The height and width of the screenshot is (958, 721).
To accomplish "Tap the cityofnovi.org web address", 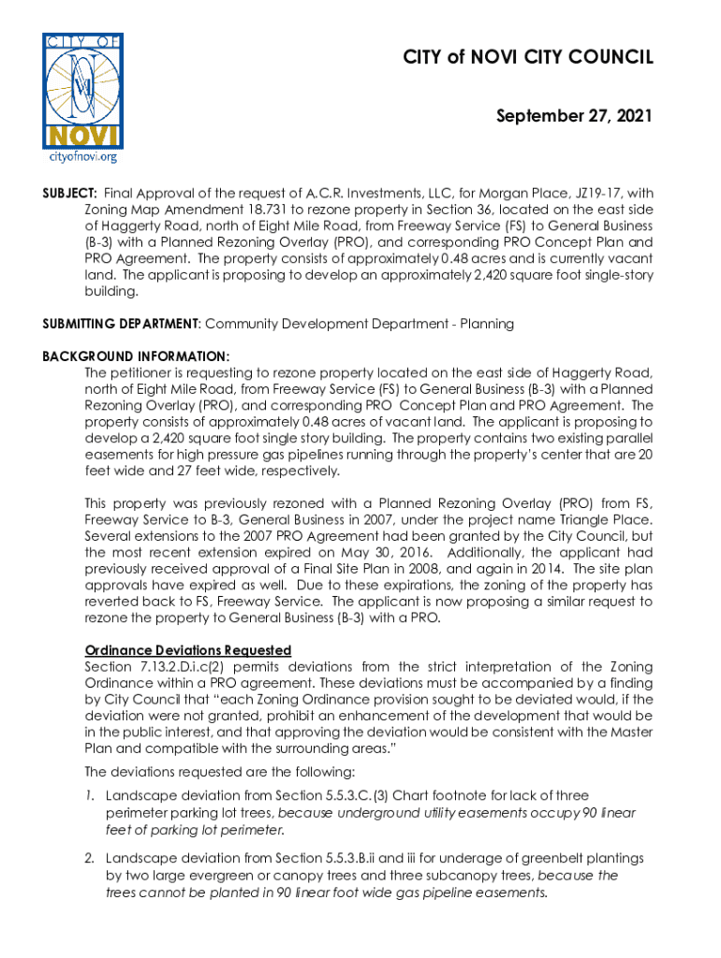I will pos(83,157).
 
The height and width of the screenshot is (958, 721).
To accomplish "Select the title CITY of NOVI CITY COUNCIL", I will pos(527,59).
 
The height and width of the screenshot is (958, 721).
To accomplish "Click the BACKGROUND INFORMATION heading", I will pos(135,356).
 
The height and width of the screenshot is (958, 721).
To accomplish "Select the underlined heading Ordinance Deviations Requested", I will pos(187,650).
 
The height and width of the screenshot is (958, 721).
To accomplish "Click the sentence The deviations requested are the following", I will pos(219,772).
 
